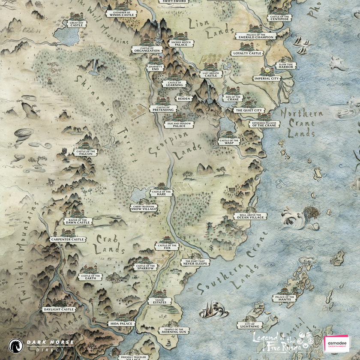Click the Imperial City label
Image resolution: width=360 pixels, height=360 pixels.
[267, 79]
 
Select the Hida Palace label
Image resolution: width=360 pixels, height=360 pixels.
[121, 324]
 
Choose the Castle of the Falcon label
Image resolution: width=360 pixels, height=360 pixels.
[86, 153]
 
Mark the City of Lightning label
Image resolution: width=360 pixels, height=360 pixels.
[250, 325]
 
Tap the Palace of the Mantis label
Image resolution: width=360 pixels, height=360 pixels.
[285, 298]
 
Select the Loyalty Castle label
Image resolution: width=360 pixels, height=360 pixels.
[247, 54]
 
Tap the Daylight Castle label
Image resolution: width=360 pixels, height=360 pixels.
[59, 309]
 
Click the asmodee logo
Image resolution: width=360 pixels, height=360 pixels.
[336, 344]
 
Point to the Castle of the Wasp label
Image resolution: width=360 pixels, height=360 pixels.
[229, 141]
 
